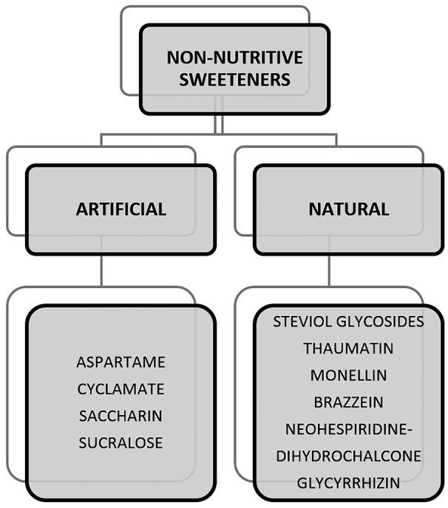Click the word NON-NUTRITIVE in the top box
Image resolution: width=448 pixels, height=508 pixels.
pos(234,57)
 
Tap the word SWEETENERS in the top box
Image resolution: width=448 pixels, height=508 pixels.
pos(234,80)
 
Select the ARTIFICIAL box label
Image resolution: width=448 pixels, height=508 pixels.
pos(121,209)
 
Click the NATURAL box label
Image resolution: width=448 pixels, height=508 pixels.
pos(348,209)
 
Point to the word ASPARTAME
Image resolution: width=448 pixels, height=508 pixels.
pos(121,363)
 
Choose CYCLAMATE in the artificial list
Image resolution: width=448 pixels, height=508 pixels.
pos(121,389)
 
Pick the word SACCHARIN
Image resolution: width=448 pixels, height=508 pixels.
pos(121,416)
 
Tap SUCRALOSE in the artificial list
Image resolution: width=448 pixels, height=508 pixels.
pos(121,442)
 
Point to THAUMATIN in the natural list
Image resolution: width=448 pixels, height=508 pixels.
pos(348,349)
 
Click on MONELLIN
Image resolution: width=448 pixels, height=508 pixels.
pos(348,375)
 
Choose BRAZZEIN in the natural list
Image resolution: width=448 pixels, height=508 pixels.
pos(348,402)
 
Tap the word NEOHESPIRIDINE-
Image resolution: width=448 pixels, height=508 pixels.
pos(348,429)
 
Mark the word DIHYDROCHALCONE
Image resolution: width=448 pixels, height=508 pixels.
pos(348,456)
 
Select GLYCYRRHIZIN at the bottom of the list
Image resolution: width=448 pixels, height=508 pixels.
pos(348,483)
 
